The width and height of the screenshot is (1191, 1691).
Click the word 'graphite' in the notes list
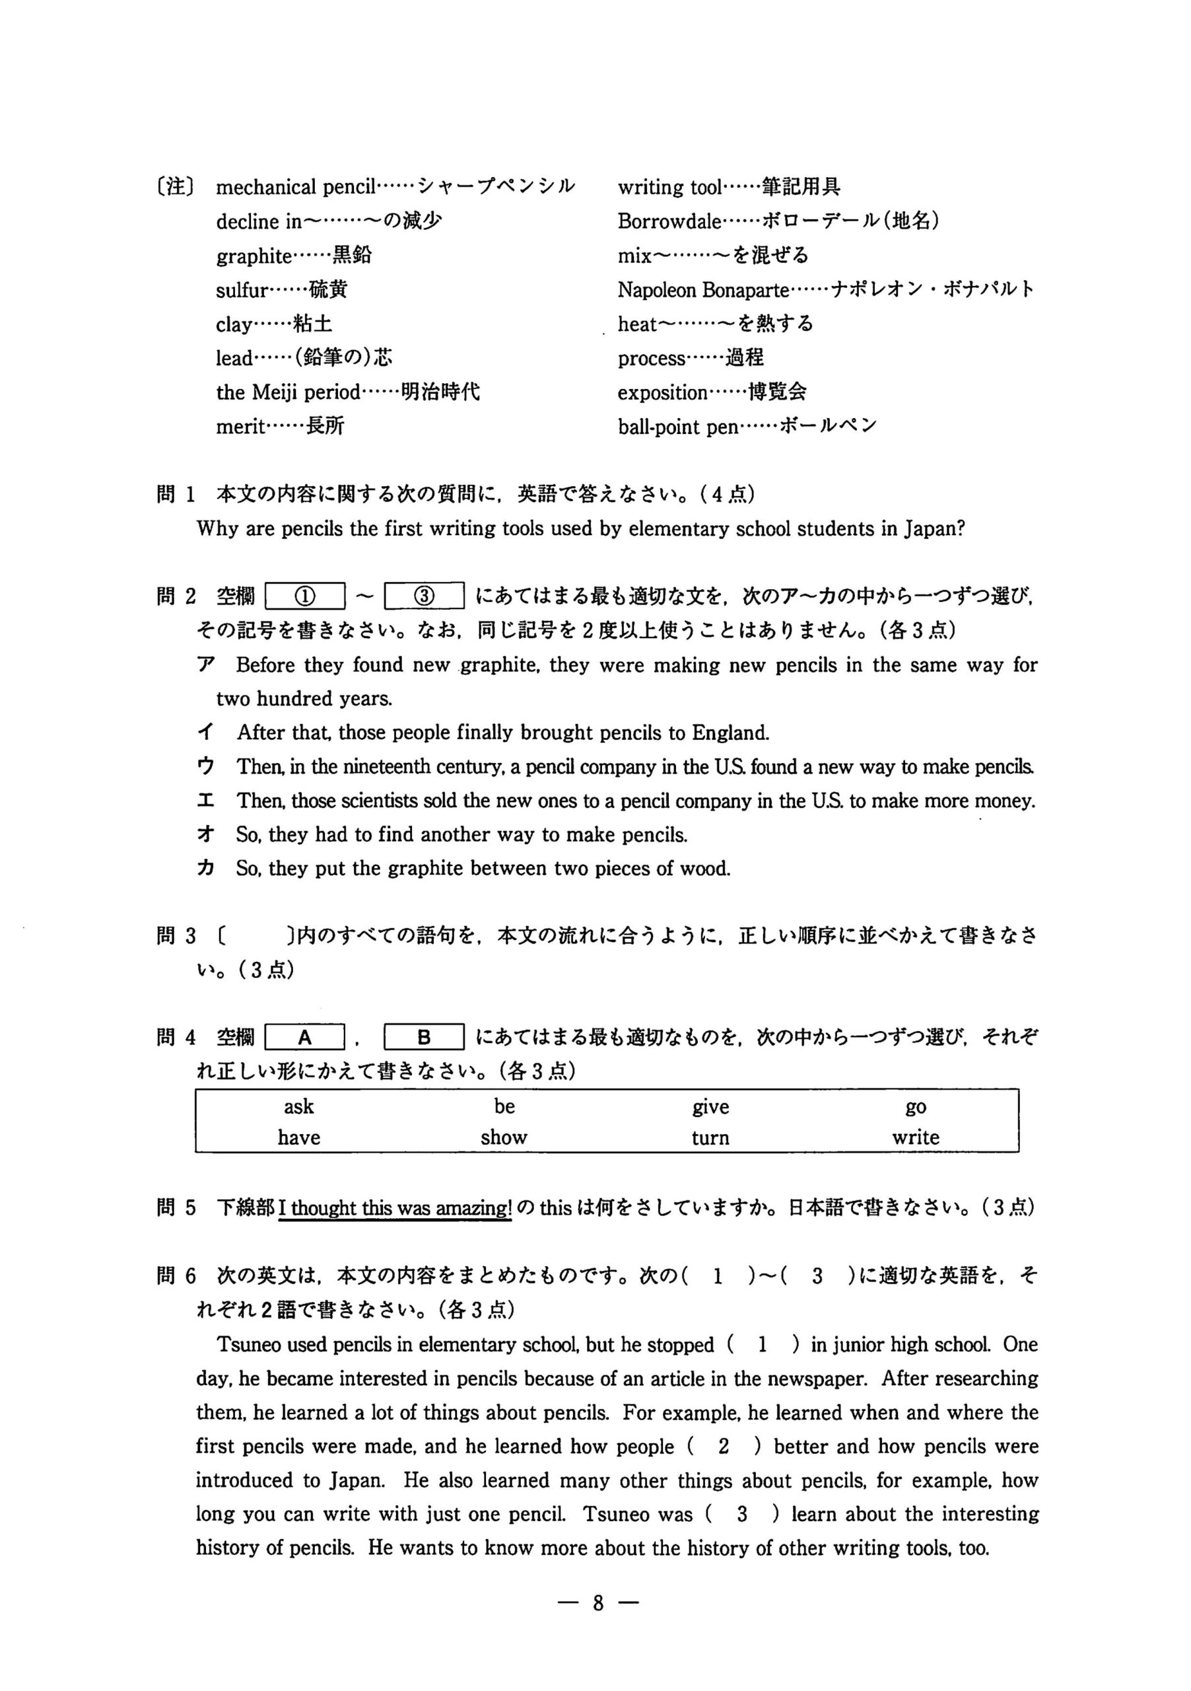point(254,256)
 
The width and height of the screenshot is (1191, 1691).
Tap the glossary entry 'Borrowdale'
point(669,222)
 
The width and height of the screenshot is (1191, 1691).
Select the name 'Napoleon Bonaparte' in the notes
point(703,290)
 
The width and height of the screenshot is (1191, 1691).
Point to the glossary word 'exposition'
point(662,392)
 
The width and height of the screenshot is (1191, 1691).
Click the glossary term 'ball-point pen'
point(677,427)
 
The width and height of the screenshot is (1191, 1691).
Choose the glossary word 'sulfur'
point(242,290)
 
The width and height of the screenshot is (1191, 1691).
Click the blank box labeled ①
point(305,596)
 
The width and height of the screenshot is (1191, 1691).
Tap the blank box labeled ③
point(424,596)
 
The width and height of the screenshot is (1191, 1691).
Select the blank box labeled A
point(305,1038)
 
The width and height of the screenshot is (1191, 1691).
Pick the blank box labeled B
point(424,1038)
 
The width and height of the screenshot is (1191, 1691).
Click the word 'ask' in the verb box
point(299,1106)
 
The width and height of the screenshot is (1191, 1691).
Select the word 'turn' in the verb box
point(710,1138)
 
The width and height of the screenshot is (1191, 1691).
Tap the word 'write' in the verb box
point(915,1138)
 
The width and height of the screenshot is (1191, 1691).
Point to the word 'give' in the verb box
point(710,1106)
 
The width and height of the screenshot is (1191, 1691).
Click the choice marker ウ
point(206,767)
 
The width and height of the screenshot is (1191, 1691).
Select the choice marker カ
point(206,869)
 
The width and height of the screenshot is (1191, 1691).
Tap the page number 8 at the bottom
point(597,1602)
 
